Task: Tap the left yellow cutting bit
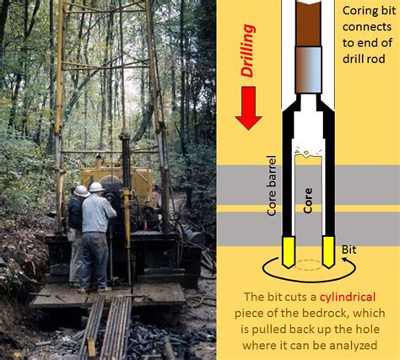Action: pos(286,251)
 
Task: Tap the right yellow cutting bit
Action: pos(330,251)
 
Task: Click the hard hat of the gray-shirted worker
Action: pos(96,186)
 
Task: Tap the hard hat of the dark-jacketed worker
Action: pos(81,191)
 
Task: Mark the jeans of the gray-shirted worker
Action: pos(95,257)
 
